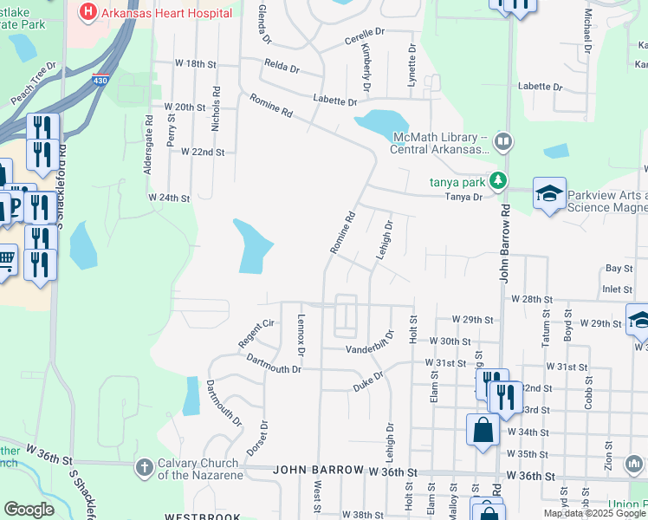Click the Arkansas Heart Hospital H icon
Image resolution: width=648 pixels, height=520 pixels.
pyautogui.click(x=87, y=12)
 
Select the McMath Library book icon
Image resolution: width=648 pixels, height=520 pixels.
pyautogui.click(x=503, y=140)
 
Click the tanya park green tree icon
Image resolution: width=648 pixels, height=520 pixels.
pyautogui.click(x=497, y=180)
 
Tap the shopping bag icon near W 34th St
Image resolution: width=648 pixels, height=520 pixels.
pyautogui.click(x=483, y=430)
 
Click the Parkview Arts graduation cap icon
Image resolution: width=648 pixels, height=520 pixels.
pyautogui.click(x=549, y=193)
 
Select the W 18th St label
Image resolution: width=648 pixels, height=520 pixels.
pyautogui.click(x=194, y=64)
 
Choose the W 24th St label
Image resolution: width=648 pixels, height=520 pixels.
pyautogui.click(x=169, y=198)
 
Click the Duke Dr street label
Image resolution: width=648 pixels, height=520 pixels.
pyautogui.click(x=368, y=382)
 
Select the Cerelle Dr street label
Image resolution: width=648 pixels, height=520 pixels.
pyautogui.click(x=364, y=36)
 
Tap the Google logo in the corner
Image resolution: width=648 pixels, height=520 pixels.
pyautogui.click(x=29, y=510)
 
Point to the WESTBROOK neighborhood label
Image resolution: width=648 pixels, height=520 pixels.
pyautogui.click(x=202, y=517)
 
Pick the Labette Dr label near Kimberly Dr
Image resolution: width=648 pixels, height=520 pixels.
pyautogui.click(x=329, y=101)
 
